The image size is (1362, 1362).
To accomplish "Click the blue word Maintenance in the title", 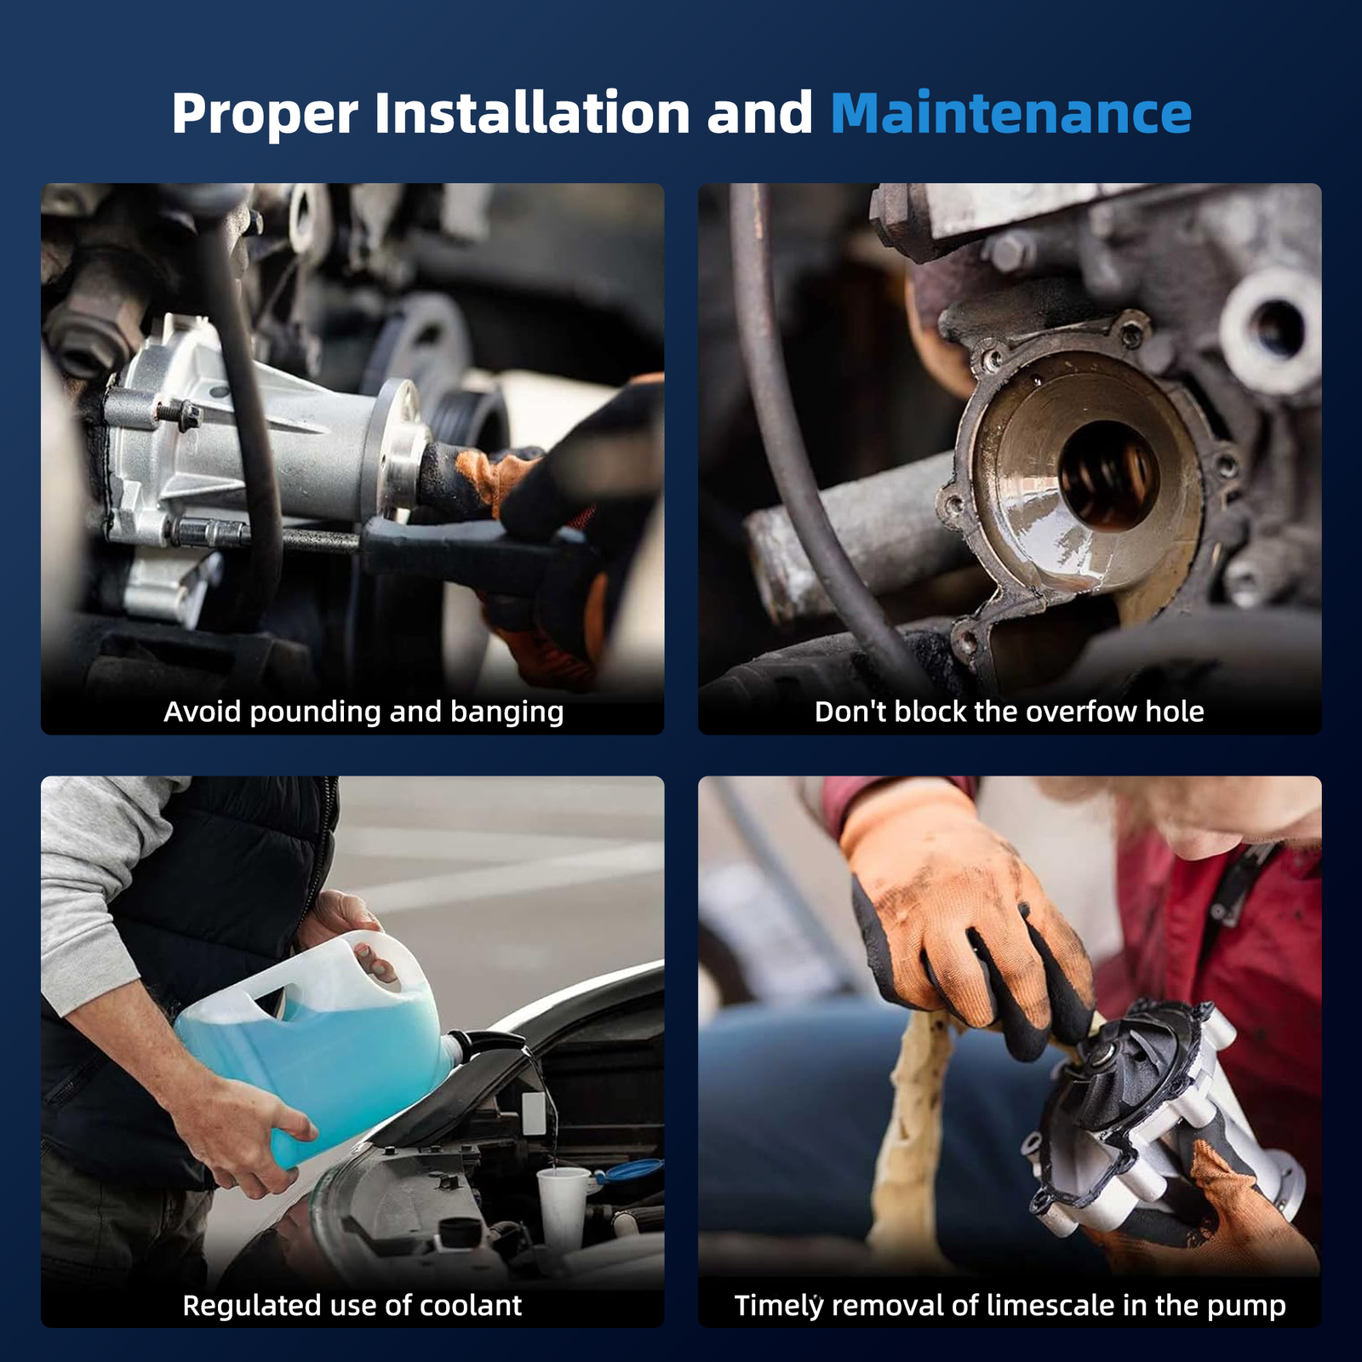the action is (1010, 113).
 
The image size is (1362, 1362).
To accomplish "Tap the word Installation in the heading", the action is (532, 113).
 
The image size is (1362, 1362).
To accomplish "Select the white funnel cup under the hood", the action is (562, 1205).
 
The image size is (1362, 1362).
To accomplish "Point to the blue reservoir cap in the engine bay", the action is (631, 1171).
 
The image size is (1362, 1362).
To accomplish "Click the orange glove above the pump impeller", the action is (962, 919).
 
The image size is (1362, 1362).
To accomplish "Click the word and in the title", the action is (760, 113).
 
